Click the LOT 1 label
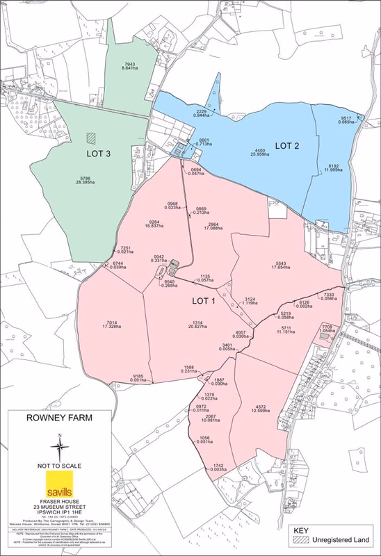(206, 301)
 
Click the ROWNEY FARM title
(60, 420)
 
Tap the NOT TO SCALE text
(60, 464)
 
